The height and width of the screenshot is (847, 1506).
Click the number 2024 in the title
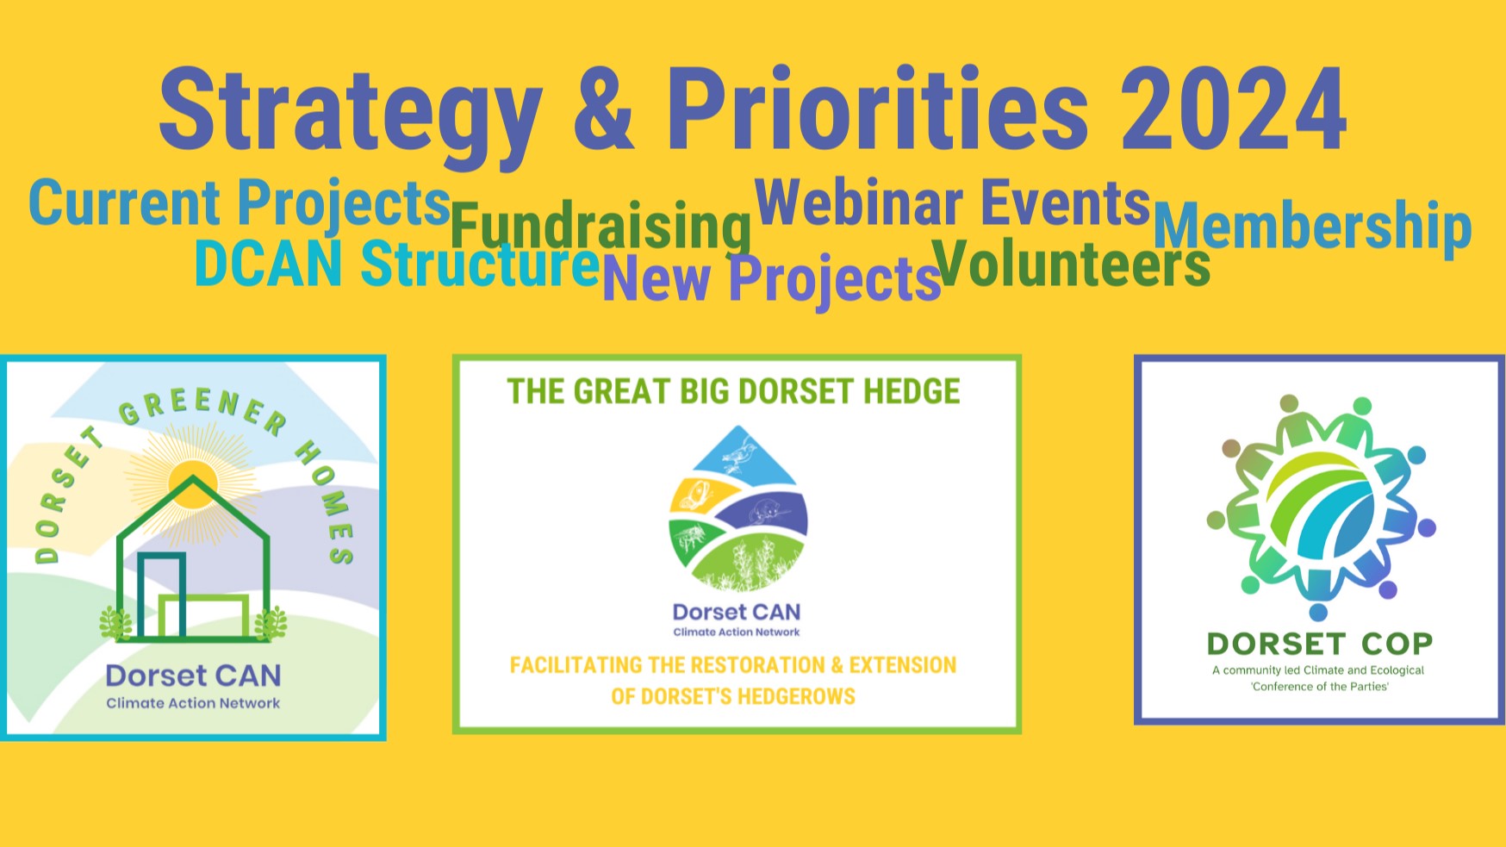(1234, 109)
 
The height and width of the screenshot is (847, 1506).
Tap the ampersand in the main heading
(603, 109)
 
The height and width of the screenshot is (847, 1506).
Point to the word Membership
(1312, 226)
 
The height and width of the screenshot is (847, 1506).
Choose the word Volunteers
(1071, 263)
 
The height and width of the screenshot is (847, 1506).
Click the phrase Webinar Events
(953, 203)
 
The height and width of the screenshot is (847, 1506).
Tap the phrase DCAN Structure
(397, 263)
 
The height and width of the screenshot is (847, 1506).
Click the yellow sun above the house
(193, 484)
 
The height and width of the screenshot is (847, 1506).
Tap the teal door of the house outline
(162, 595)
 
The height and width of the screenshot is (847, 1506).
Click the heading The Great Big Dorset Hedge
(733, 391)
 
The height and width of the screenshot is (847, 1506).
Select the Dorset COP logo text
(1319, 644)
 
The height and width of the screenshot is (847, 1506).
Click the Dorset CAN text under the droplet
(737, 612)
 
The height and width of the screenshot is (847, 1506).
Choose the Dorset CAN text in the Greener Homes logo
(193, 676)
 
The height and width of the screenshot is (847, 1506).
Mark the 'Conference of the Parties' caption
(1320, 687)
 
